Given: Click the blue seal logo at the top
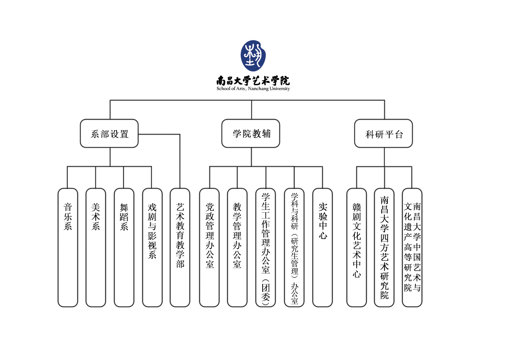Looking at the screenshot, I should click(253, 56).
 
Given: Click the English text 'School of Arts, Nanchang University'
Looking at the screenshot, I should click(253, 89).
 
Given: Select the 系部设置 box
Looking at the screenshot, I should click(109, 134).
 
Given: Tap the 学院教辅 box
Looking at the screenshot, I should click(251, 134).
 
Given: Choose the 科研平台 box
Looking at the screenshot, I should click(383, 134).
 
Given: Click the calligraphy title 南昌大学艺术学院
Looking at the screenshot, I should click(253, 81).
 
